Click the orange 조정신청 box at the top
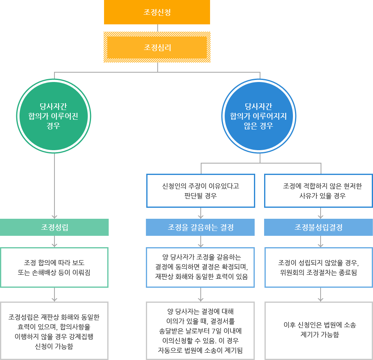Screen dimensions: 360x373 point(157,12)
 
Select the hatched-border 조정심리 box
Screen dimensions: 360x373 point(157,47)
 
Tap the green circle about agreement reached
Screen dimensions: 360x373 point(54,116)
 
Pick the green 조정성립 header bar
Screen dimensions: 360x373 point(54,227)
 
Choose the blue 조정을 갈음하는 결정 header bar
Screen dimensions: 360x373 point(200,227)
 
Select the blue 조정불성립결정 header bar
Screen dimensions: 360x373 point(318,227)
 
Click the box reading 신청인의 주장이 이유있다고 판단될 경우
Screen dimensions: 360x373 point(200,191)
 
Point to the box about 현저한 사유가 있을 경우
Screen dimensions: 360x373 point(318,191)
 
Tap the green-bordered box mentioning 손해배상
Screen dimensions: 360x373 point(54,267)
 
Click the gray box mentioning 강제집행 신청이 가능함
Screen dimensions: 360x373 point(54,331)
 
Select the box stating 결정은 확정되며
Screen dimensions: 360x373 point(200,267)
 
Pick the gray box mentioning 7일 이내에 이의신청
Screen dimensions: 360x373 point(200,331)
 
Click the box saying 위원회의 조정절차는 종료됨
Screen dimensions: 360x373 point(318,267)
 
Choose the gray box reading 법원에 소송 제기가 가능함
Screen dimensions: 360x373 point(318,331)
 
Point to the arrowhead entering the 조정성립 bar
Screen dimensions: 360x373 point(54,217)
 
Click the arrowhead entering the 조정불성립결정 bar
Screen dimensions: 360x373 point(321,217)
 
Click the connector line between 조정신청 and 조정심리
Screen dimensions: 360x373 point(157,28)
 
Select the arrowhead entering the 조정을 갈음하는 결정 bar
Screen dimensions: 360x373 point(201,217)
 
